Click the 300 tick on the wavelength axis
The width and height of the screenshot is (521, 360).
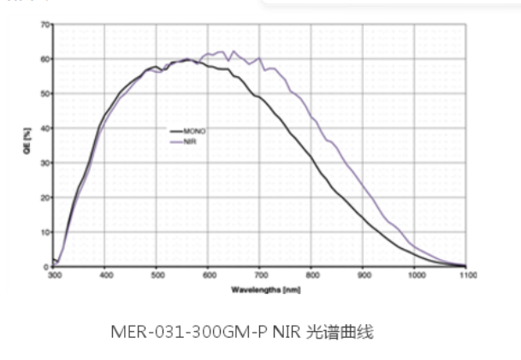(x=54, y=275)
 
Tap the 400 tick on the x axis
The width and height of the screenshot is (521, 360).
(x=105, y=275)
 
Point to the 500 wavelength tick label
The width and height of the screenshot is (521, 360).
(x=157, y=275)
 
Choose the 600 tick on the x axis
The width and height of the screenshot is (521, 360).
(x=208, y=275)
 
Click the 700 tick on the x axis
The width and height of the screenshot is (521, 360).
(x=260, y=275)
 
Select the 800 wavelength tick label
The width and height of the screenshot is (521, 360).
(x=311, y=275)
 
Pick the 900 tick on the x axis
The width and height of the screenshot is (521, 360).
(x=363, y=275)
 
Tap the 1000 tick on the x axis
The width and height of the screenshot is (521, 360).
(x=414, y=275)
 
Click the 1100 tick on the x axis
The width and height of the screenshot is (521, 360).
(x=466, y=275)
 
